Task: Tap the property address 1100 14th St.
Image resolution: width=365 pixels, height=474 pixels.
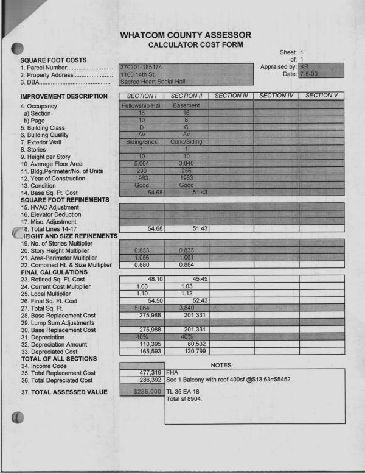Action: pos(137,74)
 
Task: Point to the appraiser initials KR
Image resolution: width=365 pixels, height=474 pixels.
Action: pos(304,66)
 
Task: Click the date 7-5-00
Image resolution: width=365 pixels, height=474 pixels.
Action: pos(308,74)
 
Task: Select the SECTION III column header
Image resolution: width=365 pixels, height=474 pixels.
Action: pos(231,96)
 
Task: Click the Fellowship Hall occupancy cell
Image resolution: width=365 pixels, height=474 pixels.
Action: pos(142,105)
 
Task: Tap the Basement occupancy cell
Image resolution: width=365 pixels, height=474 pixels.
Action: pos(186,105)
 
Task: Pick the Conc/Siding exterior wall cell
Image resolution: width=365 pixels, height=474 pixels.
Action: pos(186,141)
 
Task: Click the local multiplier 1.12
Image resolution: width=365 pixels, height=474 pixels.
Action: pos(186,294)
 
